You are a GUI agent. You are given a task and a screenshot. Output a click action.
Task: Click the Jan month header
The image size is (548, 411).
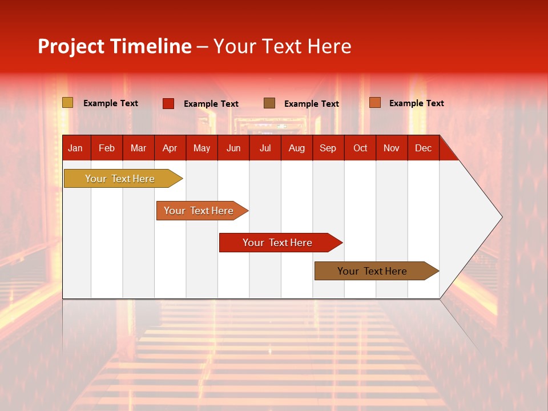75,148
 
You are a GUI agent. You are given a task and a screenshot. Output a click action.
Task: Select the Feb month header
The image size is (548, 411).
107,148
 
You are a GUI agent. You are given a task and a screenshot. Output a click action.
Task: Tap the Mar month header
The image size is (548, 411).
138,148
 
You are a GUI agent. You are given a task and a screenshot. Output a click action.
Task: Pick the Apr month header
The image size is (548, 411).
170,148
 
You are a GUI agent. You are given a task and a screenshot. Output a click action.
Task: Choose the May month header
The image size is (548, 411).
202,148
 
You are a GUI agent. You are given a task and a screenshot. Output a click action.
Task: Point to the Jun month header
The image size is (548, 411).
233,148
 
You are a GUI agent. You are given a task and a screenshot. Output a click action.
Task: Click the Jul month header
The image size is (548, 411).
265,148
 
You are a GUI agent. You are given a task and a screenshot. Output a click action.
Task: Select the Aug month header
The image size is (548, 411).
297,148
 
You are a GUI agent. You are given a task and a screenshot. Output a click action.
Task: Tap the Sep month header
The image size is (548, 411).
328,148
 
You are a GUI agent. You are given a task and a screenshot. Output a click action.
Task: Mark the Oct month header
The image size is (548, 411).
360,148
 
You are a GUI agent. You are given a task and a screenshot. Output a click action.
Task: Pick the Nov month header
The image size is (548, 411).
392,148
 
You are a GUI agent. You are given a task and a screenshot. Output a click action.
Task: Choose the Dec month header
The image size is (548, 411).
424,148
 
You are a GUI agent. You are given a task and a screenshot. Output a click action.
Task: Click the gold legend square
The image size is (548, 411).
68,103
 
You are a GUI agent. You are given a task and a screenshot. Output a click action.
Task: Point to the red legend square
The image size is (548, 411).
168,103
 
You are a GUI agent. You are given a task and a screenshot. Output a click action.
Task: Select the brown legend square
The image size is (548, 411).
269,103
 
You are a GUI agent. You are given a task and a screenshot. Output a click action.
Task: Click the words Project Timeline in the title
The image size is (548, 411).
115,46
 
